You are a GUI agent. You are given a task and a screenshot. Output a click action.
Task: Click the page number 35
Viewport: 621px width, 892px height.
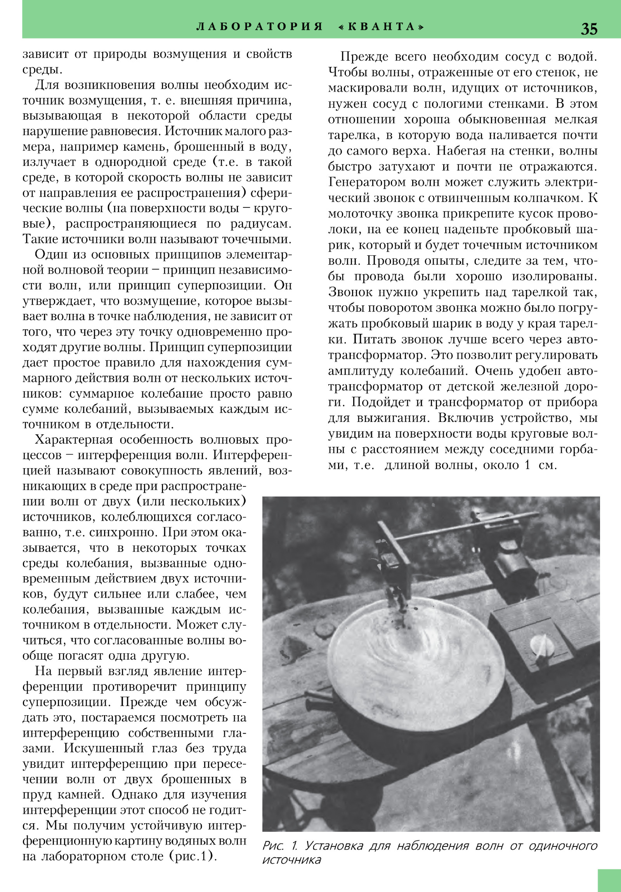(x=589, y=29)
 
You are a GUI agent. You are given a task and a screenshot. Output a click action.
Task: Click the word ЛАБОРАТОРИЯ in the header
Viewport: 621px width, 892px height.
(x=260, y=27)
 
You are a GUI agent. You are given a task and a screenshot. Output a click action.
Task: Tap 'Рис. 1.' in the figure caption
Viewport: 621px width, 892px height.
(x=280, y=846)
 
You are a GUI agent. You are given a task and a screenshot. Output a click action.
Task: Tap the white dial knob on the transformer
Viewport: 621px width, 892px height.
(x=542, y=645)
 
